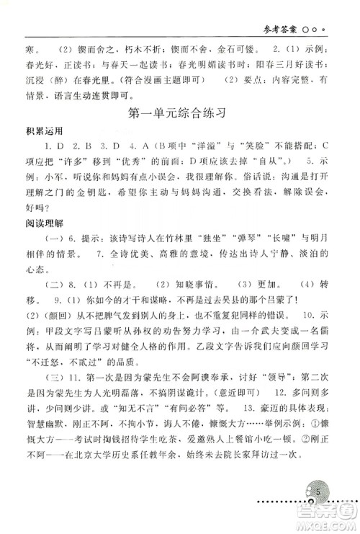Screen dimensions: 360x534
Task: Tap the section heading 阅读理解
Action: (x=44, y=233)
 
